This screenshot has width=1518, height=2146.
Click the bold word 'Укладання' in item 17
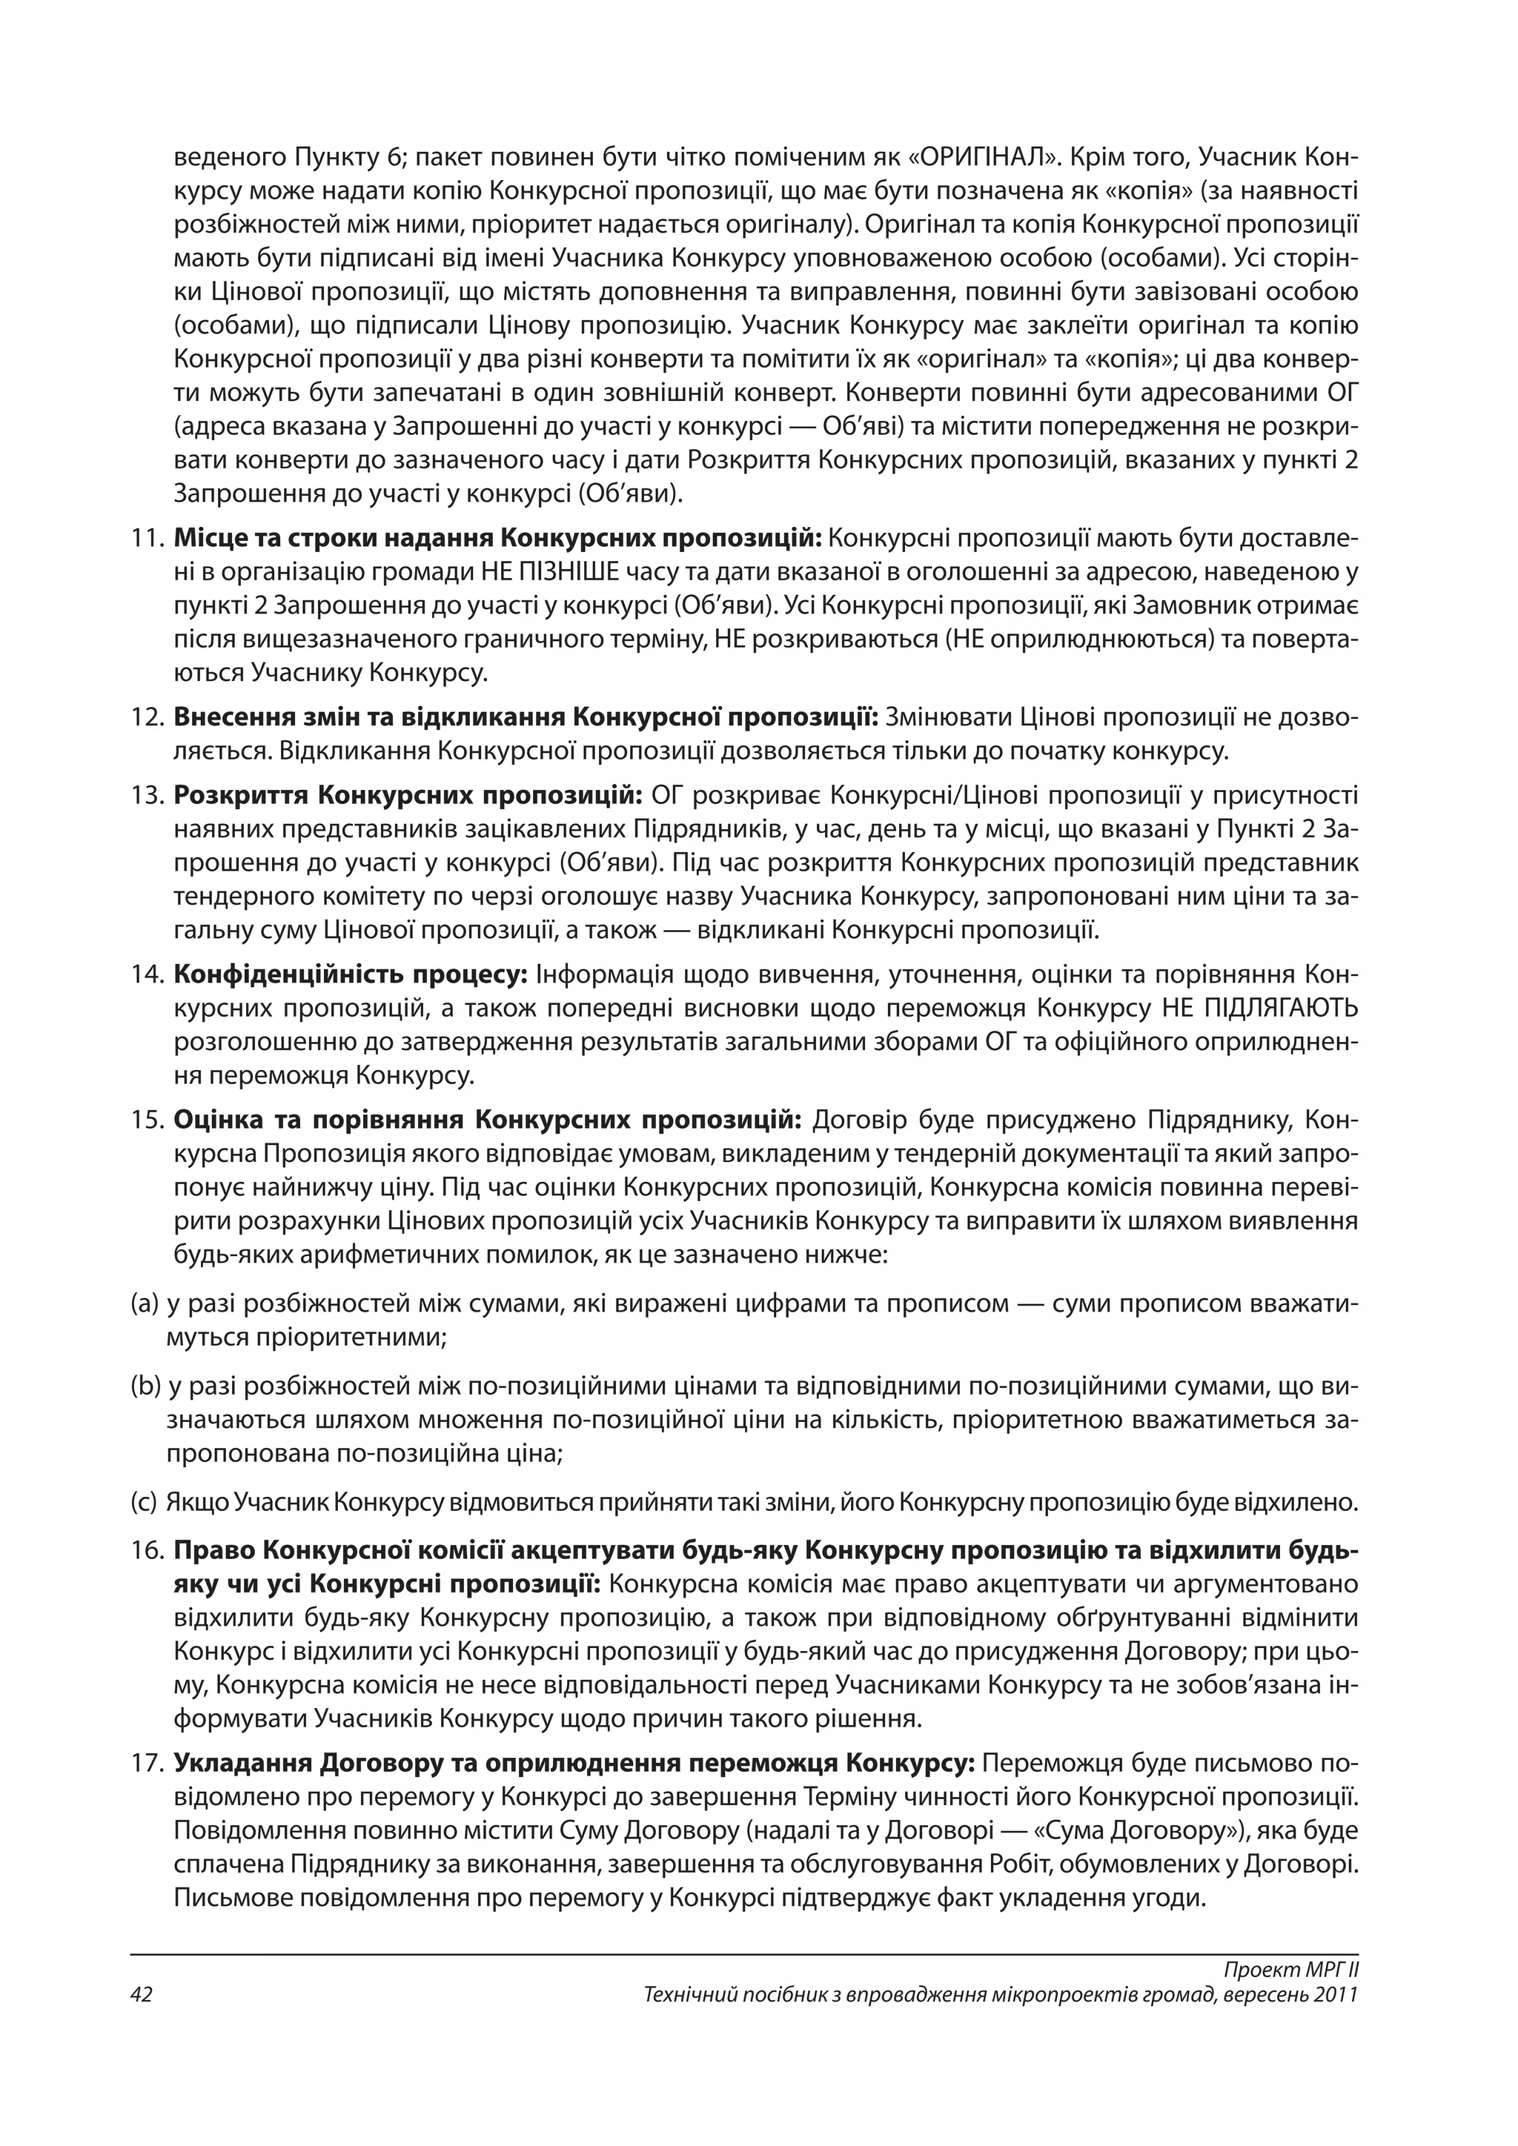[241, 1764]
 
